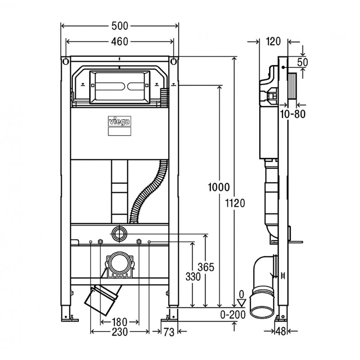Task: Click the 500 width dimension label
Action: coord(120,26)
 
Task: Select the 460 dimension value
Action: coord(120,41)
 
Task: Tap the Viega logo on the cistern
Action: coord(120,121)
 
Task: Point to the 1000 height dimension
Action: coord(219,187)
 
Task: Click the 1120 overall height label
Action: coord(235,203)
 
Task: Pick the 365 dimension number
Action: coord(206,267)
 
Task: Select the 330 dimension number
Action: coord(193,277)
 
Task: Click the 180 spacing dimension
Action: coord(120,322)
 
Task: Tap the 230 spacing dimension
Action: coord(120,332)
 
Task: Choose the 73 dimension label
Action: coord(169,332)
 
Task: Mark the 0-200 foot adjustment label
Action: coord(233,315)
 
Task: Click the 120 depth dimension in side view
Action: coord(273,41)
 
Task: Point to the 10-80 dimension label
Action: coord(293,114)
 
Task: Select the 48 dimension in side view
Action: coord(281,331)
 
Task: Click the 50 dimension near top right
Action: coord(302,62)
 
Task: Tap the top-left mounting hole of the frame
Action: coord(66,62)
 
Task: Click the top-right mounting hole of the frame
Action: coord(174,62)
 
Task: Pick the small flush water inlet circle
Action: coord(119,234)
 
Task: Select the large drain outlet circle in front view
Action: coord(120,263)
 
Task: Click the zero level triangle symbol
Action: coord(241,302)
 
